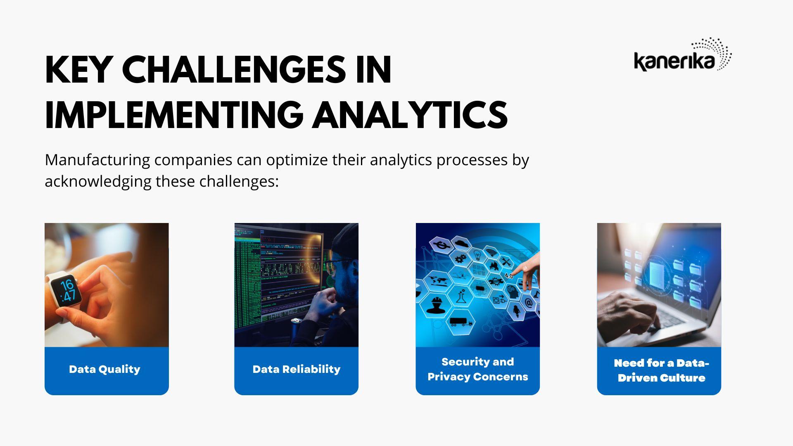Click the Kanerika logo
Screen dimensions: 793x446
[x=683, y=55]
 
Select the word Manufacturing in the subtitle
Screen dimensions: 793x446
[x=97, y=160]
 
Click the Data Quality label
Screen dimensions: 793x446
[x=104, y=369]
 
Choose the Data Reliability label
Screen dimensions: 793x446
[x=297, y=369]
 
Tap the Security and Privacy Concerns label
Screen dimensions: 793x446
[x=478, y=369]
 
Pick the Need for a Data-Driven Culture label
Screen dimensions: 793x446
[x=661, y=370]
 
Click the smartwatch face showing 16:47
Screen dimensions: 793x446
[x=66, y=290]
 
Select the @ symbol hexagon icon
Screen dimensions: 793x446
[x=528, y=304]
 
